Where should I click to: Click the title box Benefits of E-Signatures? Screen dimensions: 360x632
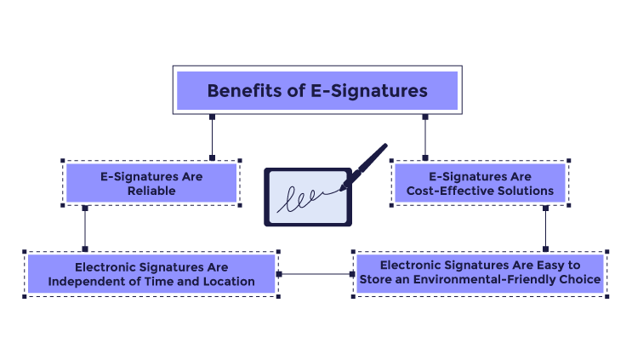pos(316,90)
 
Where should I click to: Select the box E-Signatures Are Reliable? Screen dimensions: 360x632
pos(151,183)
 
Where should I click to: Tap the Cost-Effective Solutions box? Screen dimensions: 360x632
pos(480,183)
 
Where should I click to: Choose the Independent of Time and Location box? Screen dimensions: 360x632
pos(151,274)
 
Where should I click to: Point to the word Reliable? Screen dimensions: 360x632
pos(151,191)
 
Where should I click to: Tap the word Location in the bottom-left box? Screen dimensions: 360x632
pos(228,282)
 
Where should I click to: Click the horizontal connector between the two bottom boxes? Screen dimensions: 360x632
pos(315,274)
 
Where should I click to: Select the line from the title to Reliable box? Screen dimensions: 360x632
pos(211,136)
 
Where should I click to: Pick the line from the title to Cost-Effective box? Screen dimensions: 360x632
pos(424,136)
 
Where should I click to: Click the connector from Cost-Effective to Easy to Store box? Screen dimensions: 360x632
pos(545,228)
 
